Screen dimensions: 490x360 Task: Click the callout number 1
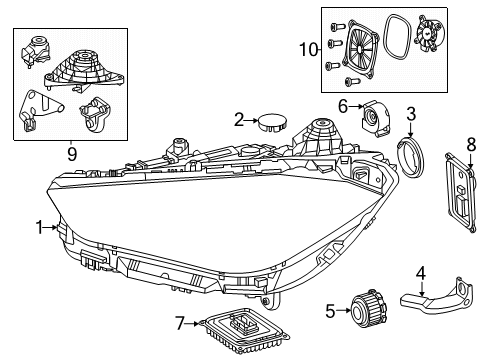pos(40,228)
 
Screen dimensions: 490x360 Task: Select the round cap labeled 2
pos(273,122)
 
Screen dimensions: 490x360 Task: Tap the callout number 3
pos(411,114)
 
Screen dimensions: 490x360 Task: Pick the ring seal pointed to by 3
pos(410,158)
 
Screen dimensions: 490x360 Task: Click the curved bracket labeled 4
pos(436,297)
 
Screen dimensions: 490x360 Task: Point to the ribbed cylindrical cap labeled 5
pos(369,310)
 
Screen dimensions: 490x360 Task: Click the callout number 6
pos(343,107)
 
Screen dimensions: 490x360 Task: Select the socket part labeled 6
pos(376,118)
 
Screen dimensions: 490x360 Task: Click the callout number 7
pos(180,323)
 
